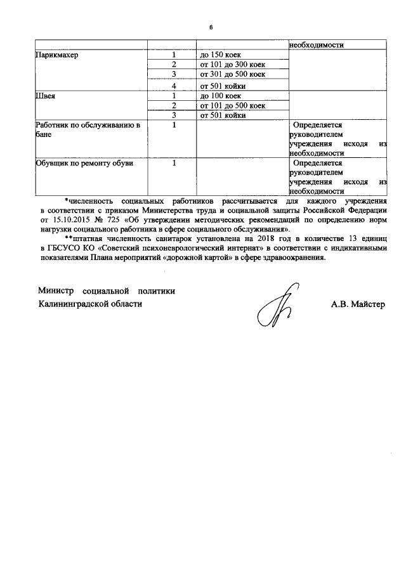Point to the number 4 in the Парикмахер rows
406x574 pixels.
click(x=172, y=86)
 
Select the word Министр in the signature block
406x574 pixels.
click(x=56, y=291)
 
